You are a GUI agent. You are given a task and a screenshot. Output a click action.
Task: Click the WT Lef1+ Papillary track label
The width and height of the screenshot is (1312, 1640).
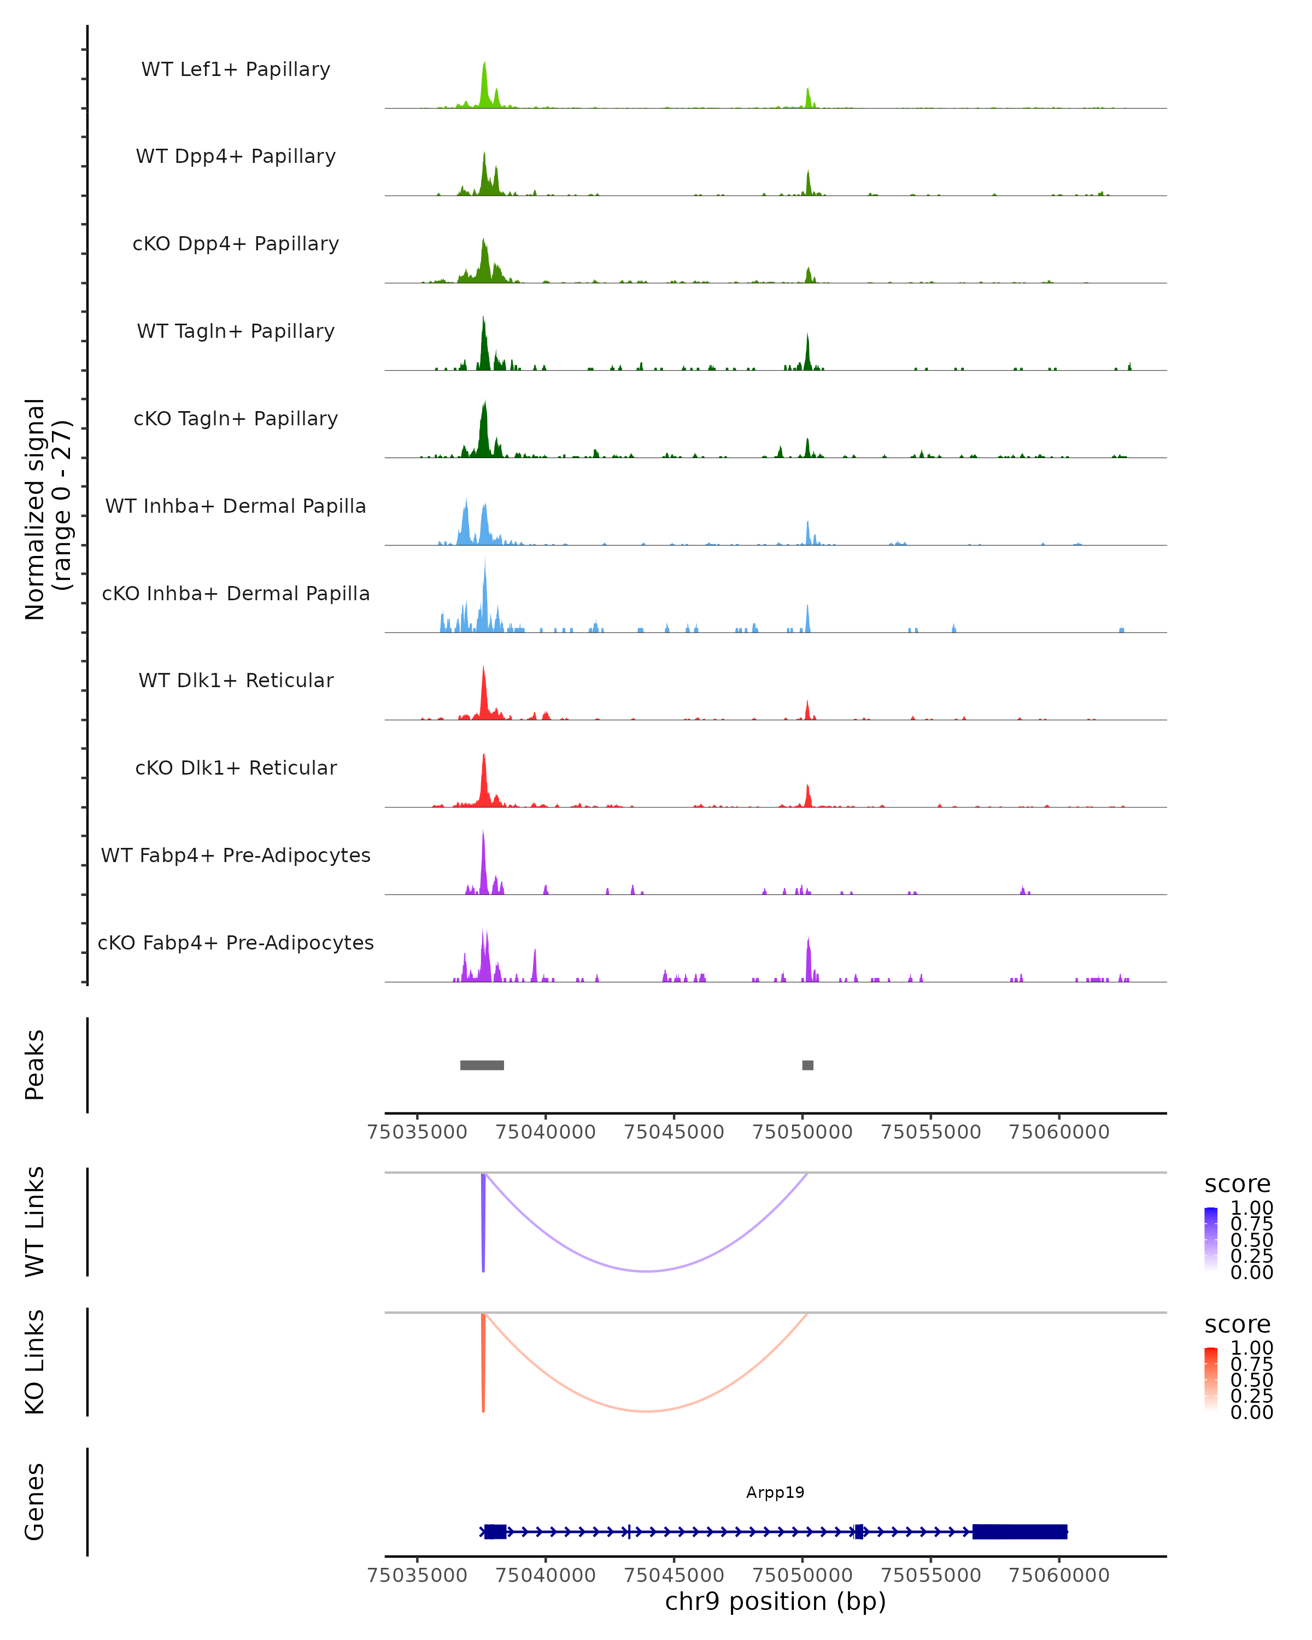point(236,69)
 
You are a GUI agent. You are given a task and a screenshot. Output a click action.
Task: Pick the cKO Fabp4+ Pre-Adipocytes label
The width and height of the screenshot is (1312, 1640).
point(236,942)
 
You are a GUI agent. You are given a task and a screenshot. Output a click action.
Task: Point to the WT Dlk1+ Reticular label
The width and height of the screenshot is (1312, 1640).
point(236,680)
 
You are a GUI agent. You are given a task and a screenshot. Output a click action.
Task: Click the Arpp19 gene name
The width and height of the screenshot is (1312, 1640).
point(775,1492)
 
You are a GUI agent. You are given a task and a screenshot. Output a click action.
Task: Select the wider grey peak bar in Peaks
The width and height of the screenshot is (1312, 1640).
point(482,1065)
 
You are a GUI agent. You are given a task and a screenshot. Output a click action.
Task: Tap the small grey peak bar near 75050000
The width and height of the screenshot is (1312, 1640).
point(808,1065)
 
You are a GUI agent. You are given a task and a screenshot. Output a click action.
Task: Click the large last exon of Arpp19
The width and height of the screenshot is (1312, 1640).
point(1019,1531)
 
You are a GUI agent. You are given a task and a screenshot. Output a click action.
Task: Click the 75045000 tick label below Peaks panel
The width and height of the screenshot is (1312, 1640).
point(674,1132)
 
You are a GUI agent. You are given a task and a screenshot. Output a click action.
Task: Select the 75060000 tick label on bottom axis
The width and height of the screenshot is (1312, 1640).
point(1059,1574)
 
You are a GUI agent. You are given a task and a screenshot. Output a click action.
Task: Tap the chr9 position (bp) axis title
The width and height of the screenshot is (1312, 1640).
point(775,1601)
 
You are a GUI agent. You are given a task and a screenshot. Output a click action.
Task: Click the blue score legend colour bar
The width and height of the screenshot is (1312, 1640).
point(1211,1238)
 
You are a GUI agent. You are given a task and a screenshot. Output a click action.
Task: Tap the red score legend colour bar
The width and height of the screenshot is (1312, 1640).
point(1211,1378)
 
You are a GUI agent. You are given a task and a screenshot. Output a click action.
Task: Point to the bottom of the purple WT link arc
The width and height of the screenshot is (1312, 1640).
point(646,1271)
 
